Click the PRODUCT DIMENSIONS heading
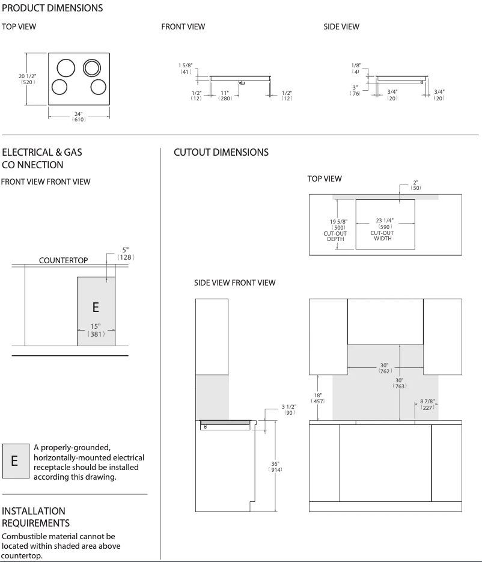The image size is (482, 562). (52, 8)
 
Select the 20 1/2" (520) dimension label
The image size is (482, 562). (27, 79)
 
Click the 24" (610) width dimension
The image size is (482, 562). (79, 116)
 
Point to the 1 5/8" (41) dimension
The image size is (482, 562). (185, 68)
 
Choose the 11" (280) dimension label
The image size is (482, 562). (225, 96)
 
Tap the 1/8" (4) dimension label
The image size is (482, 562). (356, 69)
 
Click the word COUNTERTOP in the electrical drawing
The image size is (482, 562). (63, 260)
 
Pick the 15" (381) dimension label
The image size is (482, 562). (96, 330)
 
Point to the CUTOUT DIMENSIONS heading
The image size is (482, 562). (221, 153)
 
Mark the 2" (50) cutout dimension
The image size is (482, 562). (416, 185)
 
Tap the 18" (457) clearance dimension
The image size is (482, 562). (317, 397)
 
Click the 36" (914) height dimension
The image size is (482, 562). (275, 466)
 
